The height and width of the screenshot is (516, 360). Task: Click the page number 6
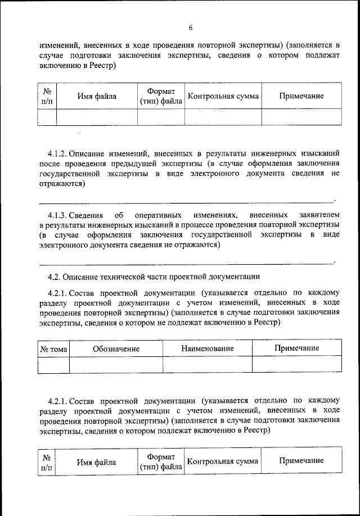click(x=191, y=28)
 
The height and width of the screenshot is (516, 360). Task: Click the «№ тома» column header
click(x=53, y=348)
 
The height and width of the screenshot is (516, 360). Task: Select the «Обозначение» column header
click(x=116, y=348)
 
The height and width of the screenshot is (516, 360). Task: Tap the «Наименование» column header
click(x=207, y=348)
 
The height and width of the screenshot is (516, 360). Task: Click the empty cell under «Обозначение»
click(x=116, y=365)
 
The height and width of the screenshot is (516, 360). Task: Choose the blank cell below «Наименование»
click(x=207, y=365)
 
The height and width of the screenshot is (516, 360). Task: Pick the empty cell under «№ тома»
click(x=53, y=365)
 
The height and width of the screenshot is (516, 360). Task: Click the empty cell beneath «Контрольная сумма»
click(x=223, y=116)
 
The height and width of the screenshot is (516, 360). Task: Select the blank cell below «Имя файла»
click(x=97, y=116)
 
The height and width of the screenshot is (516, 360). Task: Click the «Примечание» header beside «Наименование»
click(x=296, y=348)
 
